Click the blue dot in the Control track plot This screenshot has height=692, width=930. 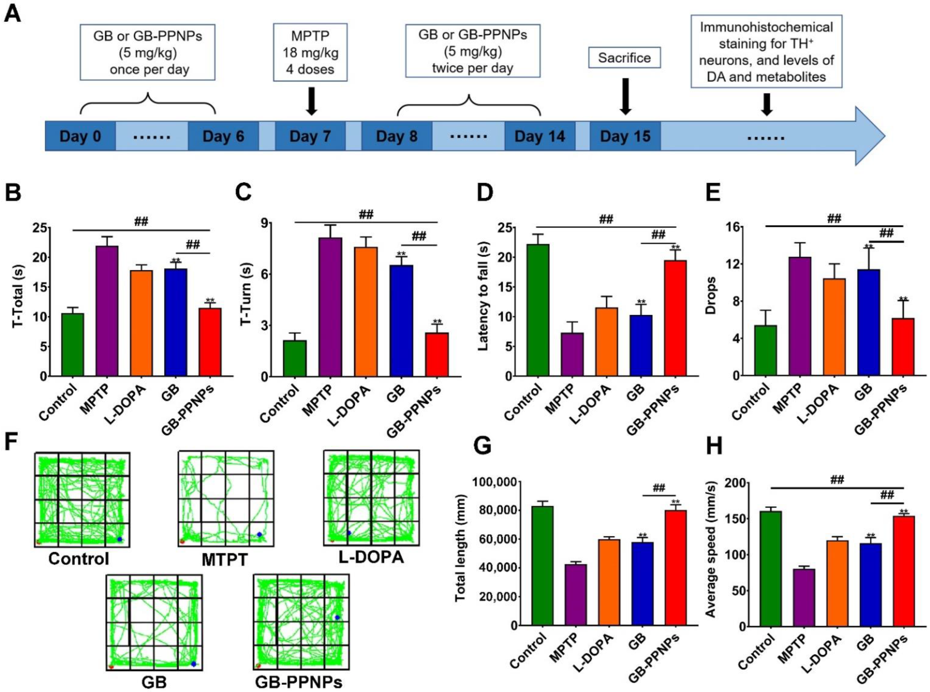click(x=120, y=539)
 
